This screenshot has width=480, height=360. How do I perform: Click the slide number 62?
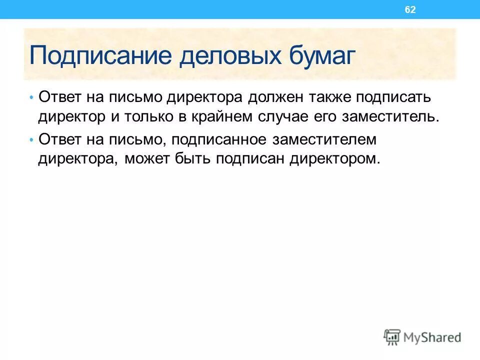(410, 10)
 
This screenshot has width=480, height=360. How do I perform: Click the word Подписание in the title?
(102, 55)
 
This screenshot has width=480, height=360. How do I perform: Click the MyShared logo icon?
(392, 337)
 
